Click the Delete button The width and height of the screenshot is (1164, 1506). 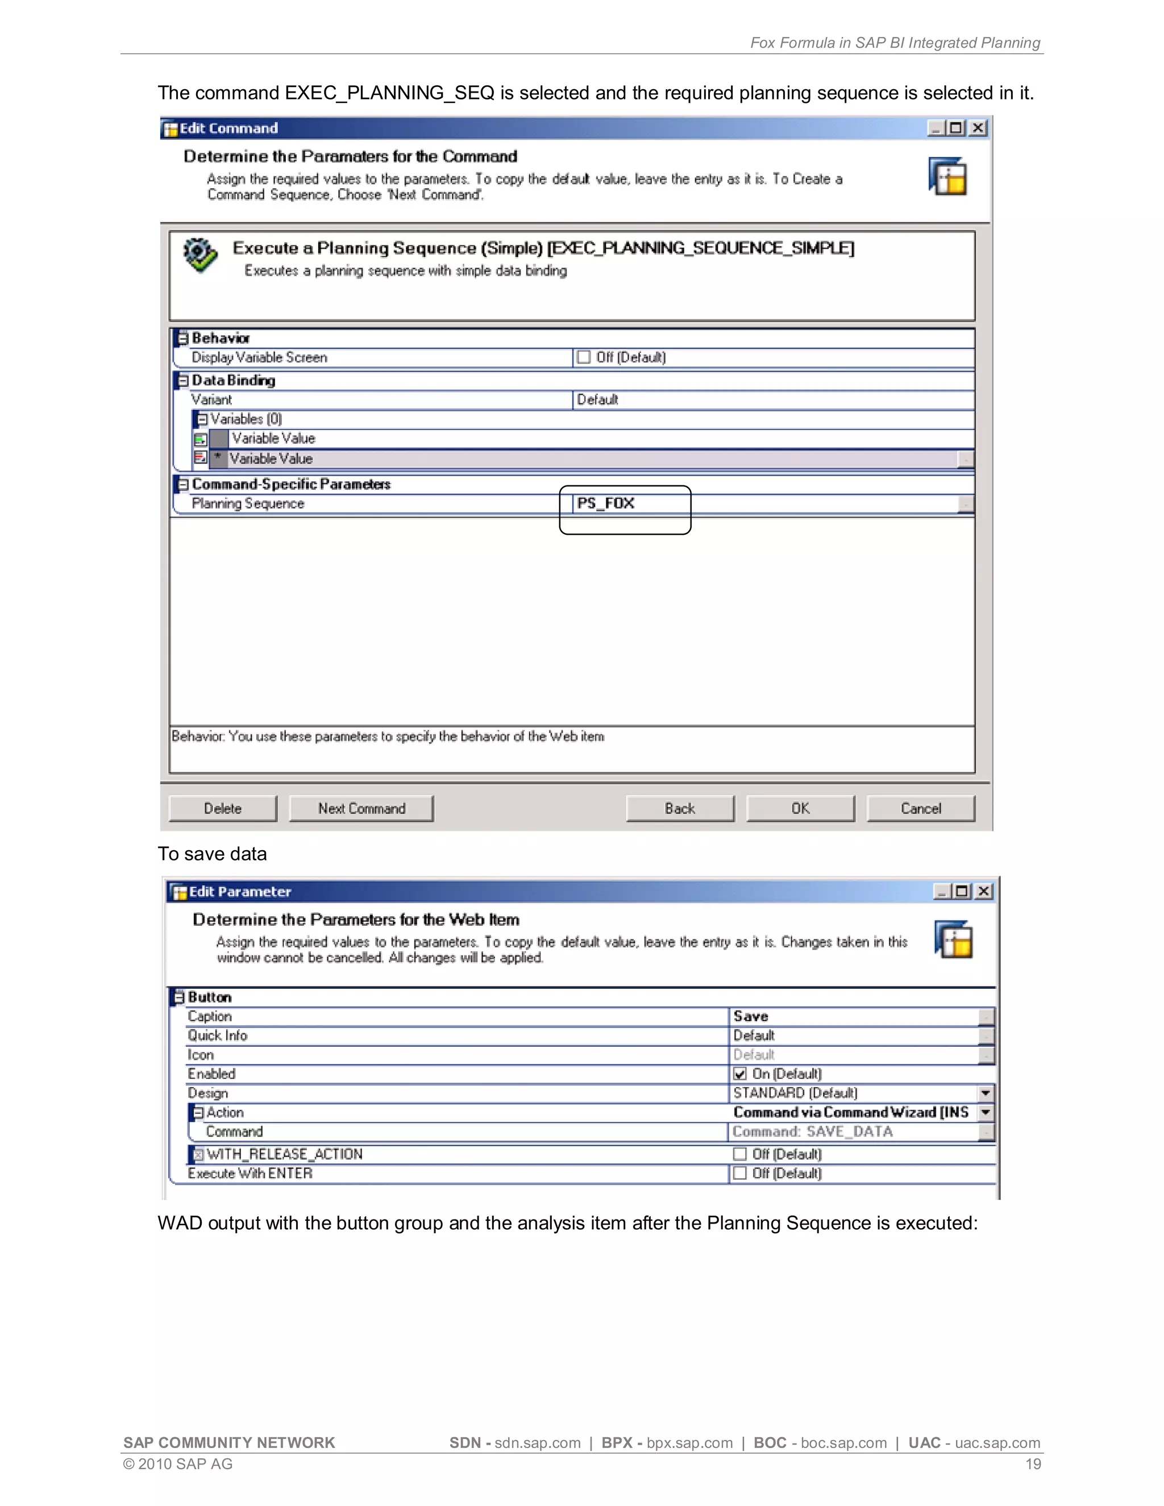click(x=222, y=808)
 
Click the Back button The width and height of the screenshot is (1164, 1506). click(x=679, y=808)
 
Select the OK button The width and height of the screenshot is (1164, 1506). click(x=800, y=808)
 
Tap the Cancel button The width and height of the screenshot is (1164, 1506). click(x=920, y=808)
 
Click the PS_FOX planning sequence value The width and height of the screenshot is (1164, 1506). click(x=606, y=504)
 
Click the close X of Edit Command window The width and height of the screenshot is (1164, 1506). click(x=978, y=128)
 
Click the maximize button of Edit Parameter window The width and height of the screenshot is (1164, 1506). click(x=962, y=892)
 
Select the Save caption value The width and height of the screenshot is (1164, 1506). click(x=751, y=1017)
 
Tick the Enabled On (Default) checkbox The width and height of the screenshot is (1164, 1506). click(x=740, y=1074)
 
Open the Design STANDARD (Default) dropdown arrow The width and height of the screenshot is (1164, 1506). click(x=986, y=1093)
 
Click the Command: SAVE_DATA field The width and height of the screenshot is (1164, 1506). click(x=812, y=1131)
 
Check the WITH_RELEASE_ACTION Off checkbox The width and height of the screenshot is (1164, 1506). click(x=740, y=1154)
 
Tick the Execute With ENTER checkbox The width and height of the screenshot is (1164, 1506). click(x=740, y=1173)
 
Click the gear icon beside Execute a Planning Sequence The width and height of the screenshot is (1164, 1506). click(x=200, y=255)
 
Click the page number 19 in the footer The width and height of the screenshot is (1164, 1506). click(x=1032, y=1464)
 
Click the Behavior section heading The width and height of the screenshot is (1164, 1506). click(x=221, y=338)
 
